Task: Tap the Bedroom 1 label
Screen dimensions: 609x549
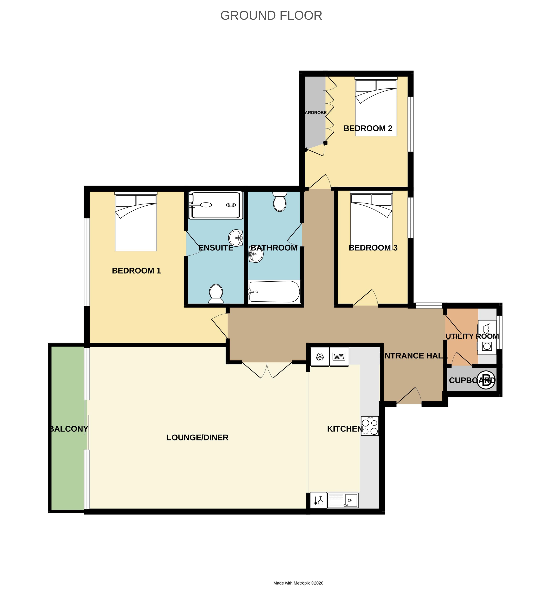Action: (136, 271)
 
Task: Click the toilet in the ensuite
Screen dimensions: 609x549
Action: (216, 293)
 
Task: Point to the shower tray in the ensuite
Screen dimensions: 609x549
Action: (216, 205)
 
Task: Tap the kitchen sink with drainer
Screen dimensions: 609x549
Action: (343, 501)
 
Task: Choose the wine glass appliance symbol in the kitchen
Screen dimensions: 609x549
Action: (318, 501)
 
